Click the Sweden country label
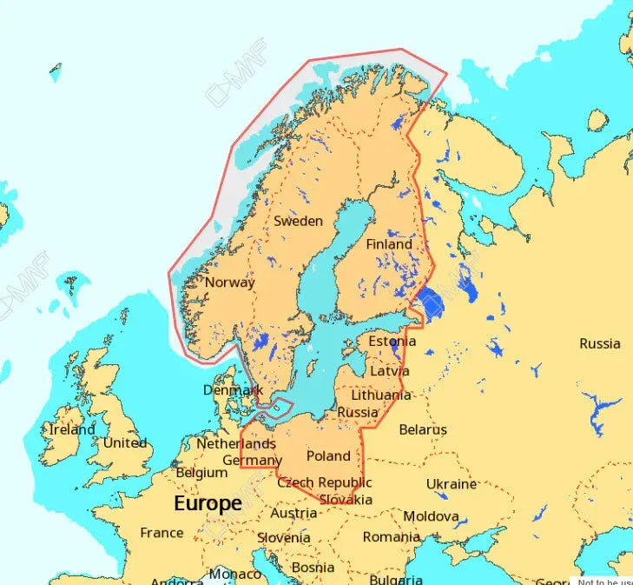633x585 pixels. click(298, 221)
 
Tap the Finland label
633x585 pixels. click(388, 244)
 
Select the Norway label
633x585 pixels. click(229, 282)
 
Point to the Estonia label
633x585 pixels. click(392, 341)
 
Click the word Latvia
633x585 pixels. click(389, 370)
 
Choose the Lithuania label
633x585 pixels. click(381, 395)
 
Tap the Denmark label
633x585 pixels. click(233, 390)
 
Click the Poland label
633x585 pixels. click(328, 455)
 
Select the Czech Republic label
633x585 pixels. click(325, 482)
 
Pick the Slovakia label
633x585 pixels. click(346, 499)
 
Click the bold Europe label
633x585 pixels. click(208, 503)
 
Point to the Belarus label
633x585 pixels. click(423, 429)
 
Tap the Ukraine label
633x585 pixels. click(451, 483)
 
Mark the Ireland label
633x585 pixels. click(72, 429)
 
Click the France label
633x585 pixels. click(162, 532)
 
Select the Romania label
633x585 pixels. click(391, 536)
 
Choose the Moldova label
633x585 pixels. click(431, 516)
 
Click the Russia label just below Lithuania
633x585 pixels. click(357, 412)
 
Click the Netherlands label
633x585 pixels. click(236, 443)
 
